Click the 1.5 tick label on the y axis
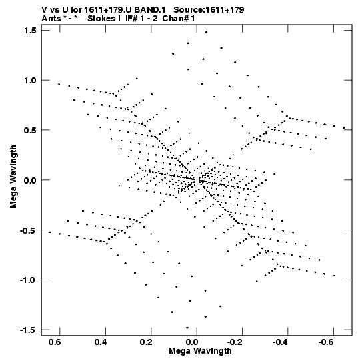(30, 31)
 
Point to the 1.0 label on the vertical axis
(30, 80)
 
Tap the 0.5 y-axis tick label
(30, 130)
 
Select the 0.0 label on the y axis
(30, 180)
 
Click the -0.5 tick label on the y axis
(28, 230)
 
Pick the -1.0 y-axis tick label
(28, 280)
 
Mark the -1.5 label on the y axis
(28, 330)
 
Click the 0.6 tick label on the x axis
(55, 342)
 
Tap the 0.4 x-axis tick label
(101, 342)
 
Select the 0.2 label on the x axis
(146, 342)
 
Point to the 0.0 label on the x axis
(192, 342)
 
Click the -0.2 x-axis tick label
(235, 342)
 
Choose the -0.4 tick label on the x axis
(280, 342)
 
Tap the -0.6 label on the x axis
(326, 342)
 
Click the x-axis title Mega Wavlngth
(200, 351)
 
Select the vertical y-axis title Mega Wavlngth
(13, 177)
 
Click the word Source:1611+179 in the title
(209, 10)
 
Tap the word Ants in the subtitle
(51, 19)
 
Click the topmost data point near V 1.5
(207, 32)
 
